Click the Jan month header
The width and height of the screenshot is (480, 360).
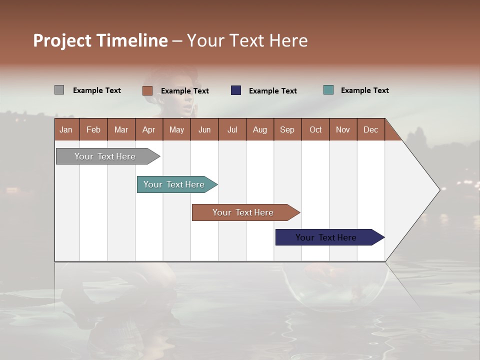click(x=66, y=129)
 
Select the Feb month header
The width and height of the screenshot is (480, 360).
click(x=93, y=129)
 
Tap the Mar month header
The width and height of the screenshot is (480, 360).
click(x=121, y=129)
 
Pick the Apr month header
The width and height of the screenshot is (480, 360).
click(x=148, y=129)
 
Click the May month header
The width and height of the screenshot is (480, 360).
click(x=176, y=129)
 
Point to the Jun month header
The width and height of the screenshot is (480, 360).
click(x=204, y=129)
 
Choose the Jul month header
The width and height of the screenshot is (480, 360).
click(x=232, y=129)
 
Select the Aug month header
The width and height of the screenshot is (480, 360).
click(x=259, y=129)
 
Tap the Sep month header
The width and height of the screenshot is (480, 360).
click(x=287, y=129)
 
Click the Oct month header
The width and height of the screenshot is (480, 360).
click(x=315, y=129)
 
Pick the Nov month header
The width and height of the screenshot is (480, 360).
click(x=342, y=129)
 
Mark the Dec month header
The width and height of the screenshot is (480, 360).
click(x=370, y=129)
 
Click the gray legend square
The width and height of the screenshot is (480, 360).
click(x=59, y=90)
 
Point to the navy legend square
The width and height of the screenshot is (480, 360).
click(x=236, y=90)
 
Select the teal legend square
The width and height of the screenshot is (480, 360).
click(x=328, y=90)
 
